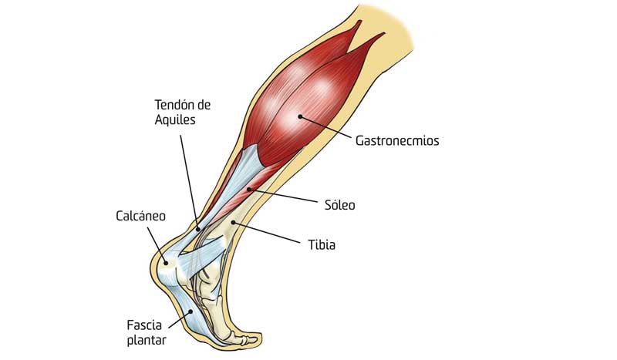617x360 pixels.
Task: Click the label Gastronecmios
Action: [397, 140]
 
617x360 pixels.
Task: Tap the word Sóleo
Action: [339, 204]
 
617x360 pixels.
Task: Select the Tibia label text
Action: [322, 244]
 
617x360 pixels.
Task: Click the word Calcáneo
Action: [140, 216]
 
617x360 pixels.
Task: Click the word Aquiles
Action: [175, 119]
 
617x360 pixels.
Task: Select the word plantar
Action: [147, 340]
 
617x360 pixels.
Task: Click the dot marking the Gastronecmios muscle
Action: [300, 116]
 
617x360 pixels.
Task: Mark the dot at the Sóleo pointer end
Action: [248, 190]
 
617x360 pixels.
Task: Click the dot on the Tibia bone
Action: [233, 223]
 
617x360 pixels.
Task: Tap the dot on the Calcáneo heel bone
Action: [166, 263]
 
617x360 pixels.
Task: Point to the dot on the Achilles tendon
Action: [198, 229]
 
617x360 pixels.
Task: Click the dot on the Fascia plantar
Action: [191, 311]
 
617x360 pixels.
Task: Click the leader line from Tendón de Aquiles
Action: [189, 182]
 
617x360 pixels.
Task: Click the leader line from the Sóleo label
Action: [282, 196]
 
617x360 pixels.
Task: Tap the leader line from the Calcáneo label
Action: [157, 245]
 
